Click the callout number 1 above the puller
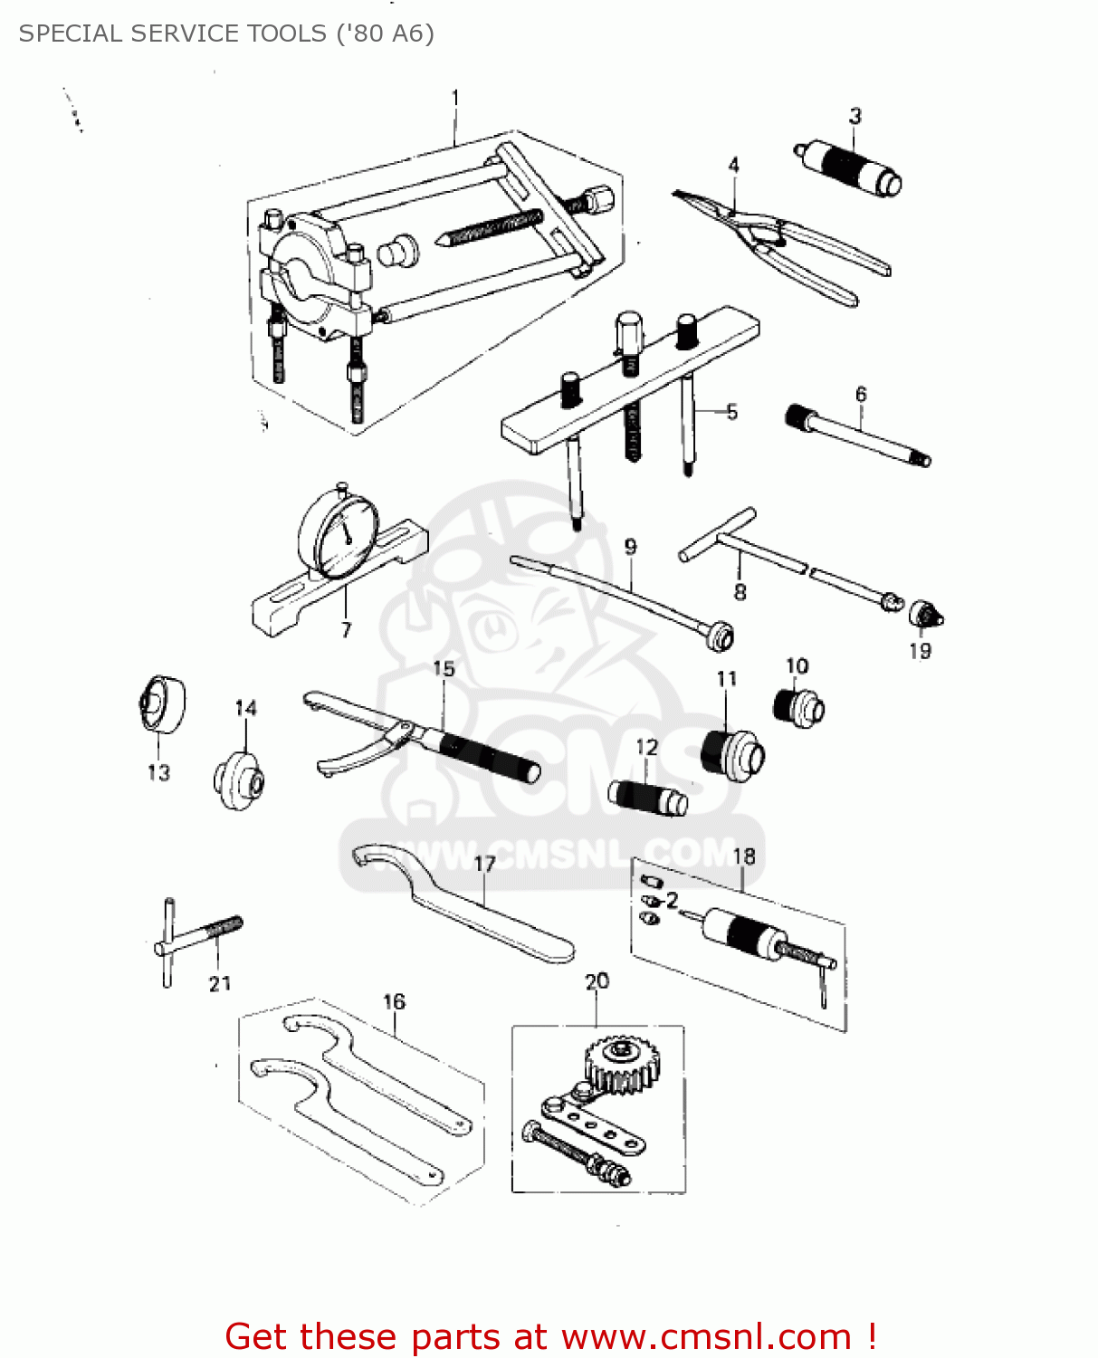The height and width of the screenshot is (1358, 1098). (x=455, y=97)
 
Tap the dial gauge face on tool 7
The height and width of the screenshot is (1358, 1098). (x=338, y=532)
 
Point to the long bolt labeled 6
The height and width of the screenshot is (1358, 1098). (x=858, y=437)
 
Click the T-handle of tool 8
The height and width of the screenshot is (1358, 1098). (x=718, y=535)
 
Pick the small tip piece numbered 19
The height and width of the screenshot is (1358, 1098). (x=925, y=616)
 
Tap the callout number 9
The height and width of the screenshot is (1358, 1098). (x=630, y=547)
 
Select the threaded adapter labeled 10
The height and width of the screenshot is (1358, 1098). (x=799, y=706)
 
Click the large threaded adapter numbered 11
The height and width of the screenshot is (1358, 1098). (x=732, y=753)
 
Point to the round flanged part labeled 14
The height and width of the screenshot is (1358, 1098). (x=239, y=779)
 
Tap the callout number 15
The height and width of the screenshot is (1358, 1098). (x=444, y=668)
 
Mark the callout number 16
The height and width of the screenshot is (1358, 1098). (x=394, y=1001)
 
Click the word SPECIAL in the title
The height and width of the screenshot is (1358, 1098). (x=72, y=33)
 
